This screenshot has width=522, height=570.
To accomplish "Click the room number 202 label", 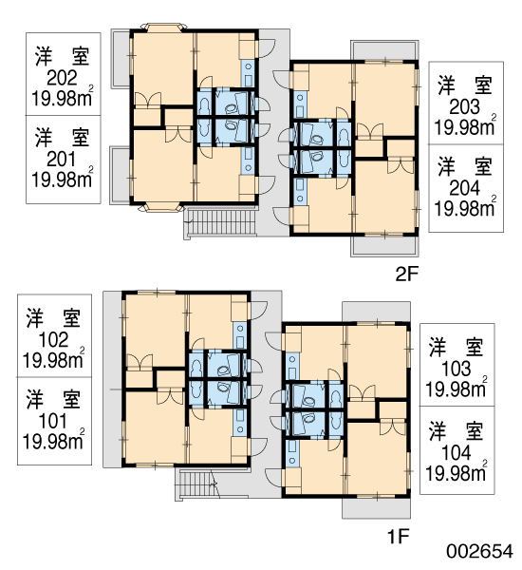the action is [x=62, y=78].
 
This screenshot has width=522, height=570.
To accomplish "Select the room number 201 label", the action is [x=62, y=160].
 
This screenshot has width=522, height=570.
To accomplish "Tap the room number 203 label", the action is [x=465, y=107].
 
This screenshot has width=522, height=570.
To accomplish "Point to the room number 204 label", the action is [x=465, y=189].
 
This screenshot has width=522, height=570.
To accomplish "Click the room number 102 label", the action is [x=53, y=340].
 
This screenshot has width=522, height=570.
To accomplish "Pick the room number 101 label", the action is [x=53, y=421].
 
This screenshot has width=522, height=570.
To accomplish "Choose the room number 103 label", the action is [x=456, y=369].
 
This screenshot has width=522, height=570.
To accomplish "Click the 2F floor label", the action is [x=407, y=275].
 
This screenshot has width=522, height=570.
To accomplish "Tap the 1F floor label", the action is [x=399, y=537].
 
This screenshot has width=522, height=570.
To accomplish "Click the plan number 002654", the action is [x=480, y=551].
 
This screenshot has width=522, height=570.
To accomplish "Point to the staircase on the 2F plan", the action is [x=220, y=222].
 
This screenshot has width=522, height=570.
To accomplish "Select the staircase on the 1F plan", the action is [x=196, y=484].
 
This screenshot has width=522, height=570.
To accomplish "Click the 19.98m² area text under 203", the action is [x=465, y=127].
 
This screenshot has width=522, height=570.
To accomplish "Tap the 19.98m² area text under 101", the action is [x=53, y=442].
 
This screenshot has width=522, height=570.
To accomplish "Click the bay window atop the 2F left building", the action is [x=163, y=28].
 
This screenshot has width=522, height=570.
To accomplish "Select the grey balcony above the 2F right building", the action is [x=384, y=50].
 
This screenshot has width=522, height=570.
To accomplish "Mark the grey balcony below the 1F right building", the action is [x=377, y=508].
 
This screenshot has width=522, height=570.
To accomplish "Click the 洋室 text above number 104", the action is [x=456, y=431].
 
